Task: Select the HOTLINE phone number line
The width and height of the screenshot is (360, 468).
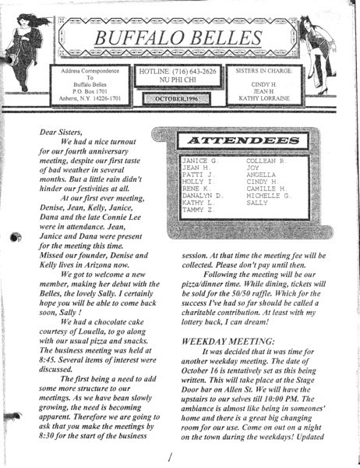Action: (x=178, y=71)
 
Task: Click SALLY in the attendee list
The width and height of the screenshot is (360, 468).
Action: (x=256, y=201)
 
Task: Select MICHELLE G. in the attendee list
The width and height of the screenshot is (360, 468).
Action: (x=269, y=193)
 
